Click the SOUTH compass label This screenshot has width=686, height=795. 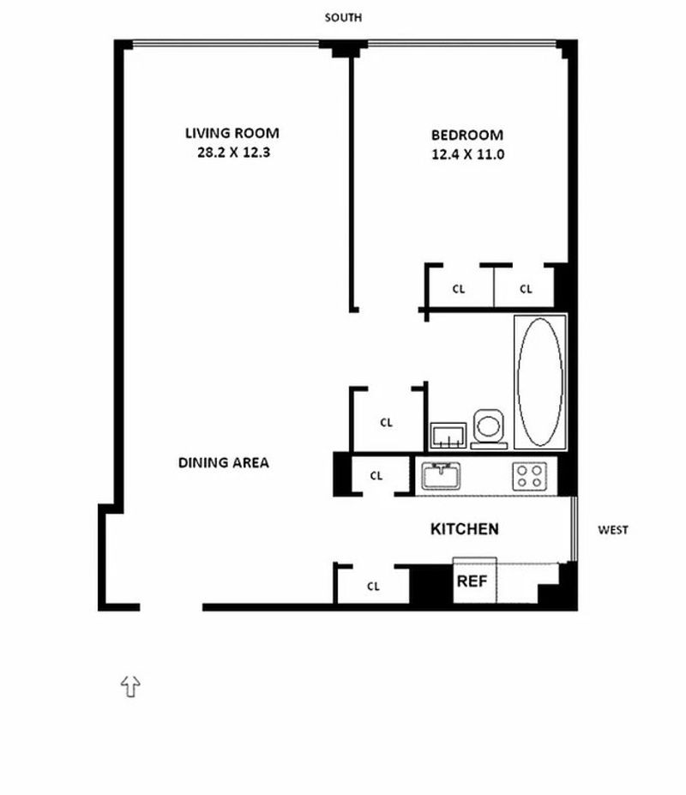[343, 18]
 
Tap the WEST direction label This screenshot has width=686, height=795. [613, 530]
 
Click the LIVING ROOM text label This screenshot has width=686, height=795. [232, 133]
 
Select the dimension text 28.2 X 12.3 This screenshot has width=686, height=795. [233, 153]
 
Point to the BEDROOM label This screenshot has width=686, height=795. [467, 136]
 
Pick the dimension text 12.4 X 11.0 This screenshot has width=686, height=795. [468, 154]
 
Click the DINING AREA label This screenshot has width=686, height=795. [224, 463]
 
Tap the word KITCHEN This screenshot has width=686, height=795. [465, 529]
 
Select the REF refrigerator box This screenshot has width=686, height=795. [474, 580]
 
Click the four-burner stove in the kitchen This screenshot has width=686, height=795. [529, 477]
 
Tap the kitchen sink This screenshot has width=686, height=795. [441, 476]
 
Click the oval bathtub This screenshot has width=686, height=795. [540, 382]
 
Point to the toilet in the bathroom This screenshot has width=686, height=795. [489, 429]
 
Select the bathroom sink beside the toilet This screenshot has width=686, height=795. [448, 436]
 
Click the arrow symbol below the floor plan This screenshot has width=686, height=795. [131, 686]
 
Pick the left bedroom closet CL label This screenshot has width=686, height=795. [459, 289]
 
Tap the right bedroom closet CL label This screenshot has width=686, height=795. [526, 289]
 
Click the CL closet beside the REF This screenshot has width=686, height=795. [373, 586]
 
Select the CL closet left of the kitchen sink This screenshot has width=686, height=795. [376, 476]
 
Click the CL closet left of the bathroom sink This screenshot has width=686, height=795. [387, 422]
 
